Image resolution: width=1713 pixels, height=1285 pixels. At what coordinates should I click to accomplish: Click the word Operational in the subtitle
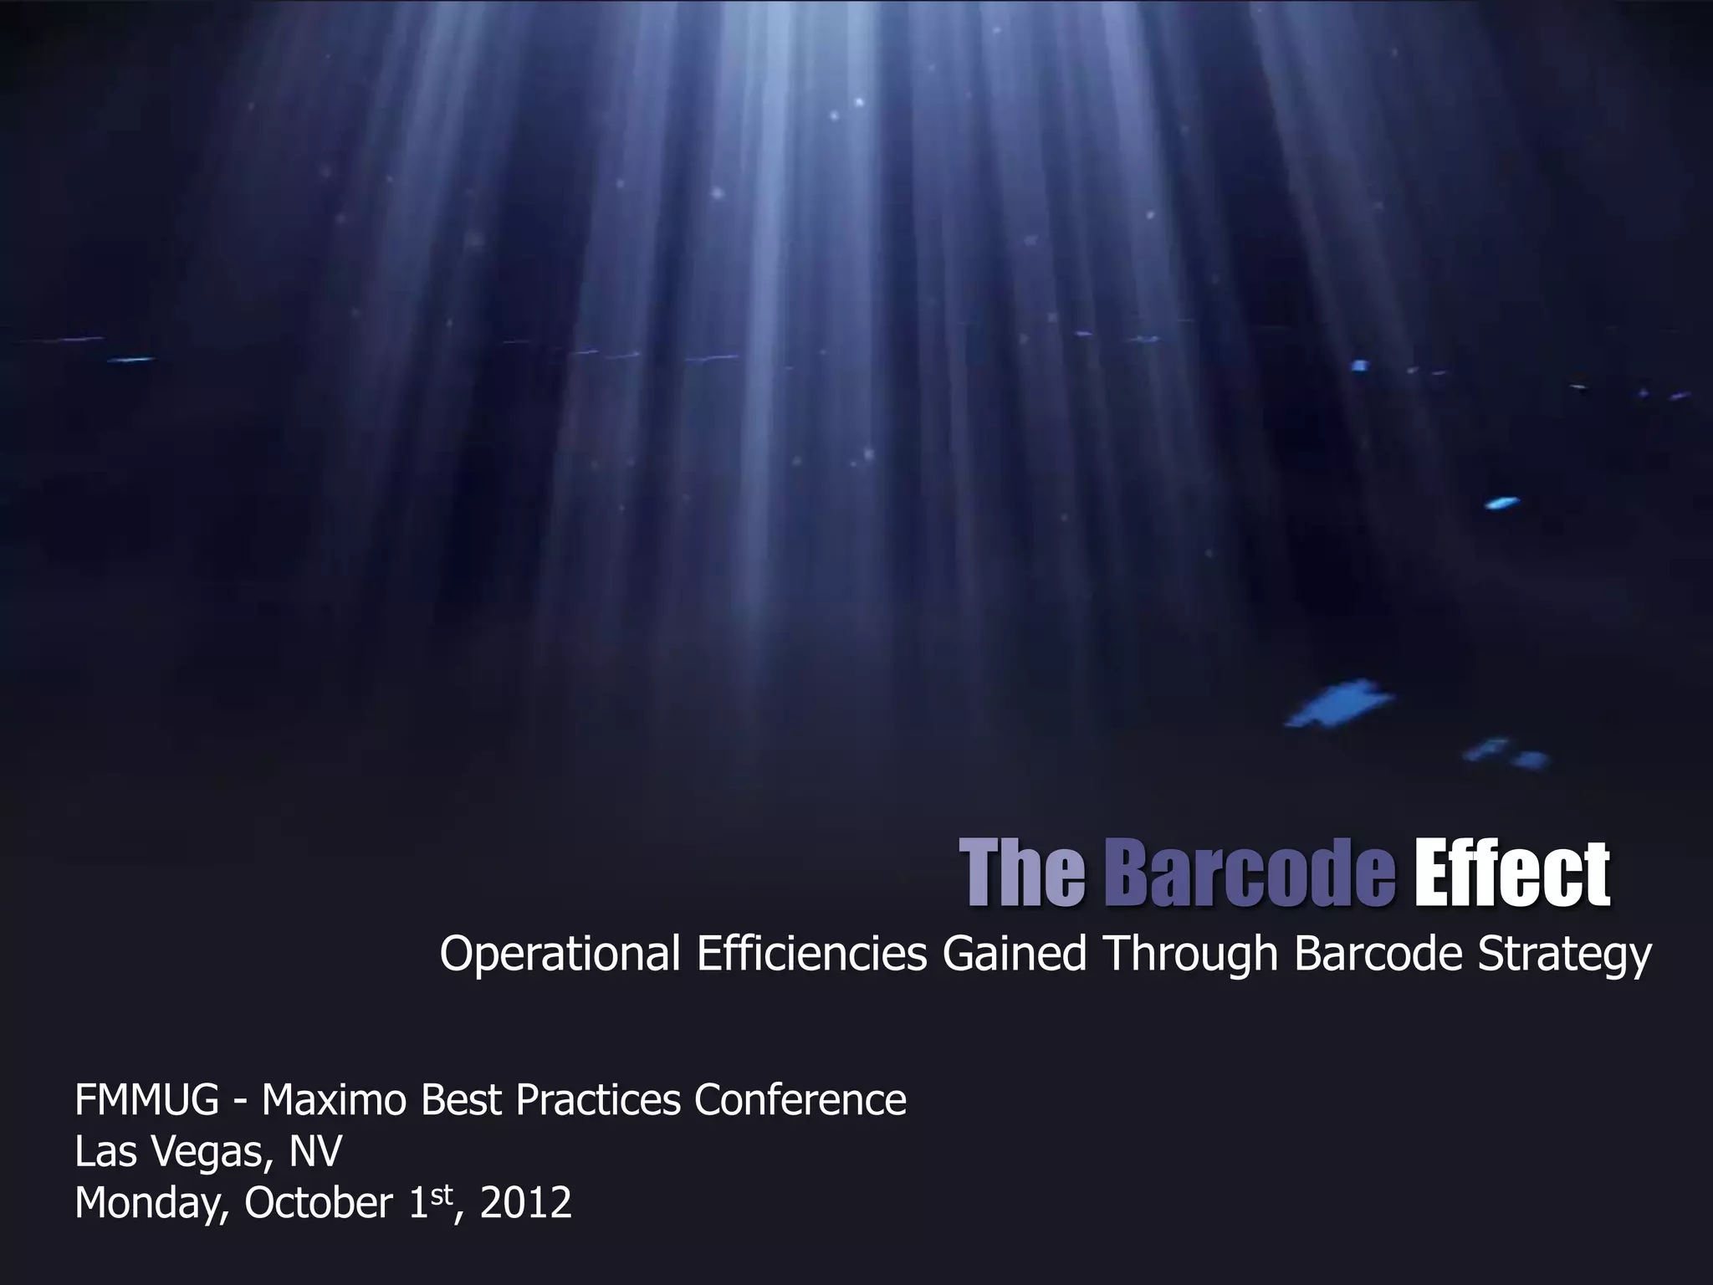click(x=560, y=955)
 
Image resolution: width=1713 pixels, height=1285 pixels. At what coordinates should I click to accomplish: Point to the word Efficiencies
click(x=811, y=955)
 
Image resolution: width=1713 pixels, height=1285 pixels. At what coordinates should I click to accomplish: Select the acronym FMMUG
click(x=147, y=1100)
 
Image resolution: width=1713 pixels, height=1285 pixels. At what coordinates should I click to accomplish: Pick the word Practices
click(x=598, y=1100)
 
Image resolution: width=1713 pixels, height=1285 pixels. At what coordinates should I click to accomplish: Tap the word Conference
click(x=800, y=1100)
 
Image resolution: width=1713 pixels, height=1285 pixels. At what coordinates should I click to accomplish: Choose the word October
click(x=319, y=1203)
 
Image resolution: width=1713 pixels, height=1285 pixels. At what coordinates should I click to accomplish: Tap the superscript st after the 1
click(x=440, y=1193)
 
